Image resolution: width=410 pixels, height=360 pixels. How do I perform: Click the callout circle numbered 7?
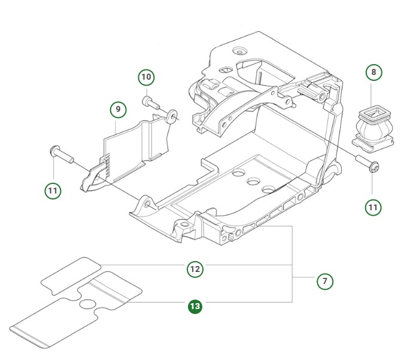(324, 280)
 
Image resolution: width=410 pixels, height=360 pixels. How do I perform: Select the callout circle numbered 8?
(374, 72)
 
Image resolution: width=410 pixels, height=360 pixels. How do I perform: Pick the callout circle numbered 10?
(147, 77)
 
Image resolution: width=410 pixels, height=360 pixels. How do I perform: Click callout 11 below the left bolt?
(53, 190)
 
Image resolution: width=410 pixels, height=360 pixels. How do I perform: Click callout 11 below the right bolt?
(373, 207)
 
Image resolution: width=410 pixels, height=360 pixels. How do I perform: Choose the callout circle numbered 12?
(195, 269)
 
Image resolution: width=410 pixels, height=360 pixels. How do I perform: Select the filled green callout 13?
(195, 307)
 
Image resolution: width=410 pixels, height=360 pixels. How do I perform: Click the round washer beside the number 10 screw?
(172, 114)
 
